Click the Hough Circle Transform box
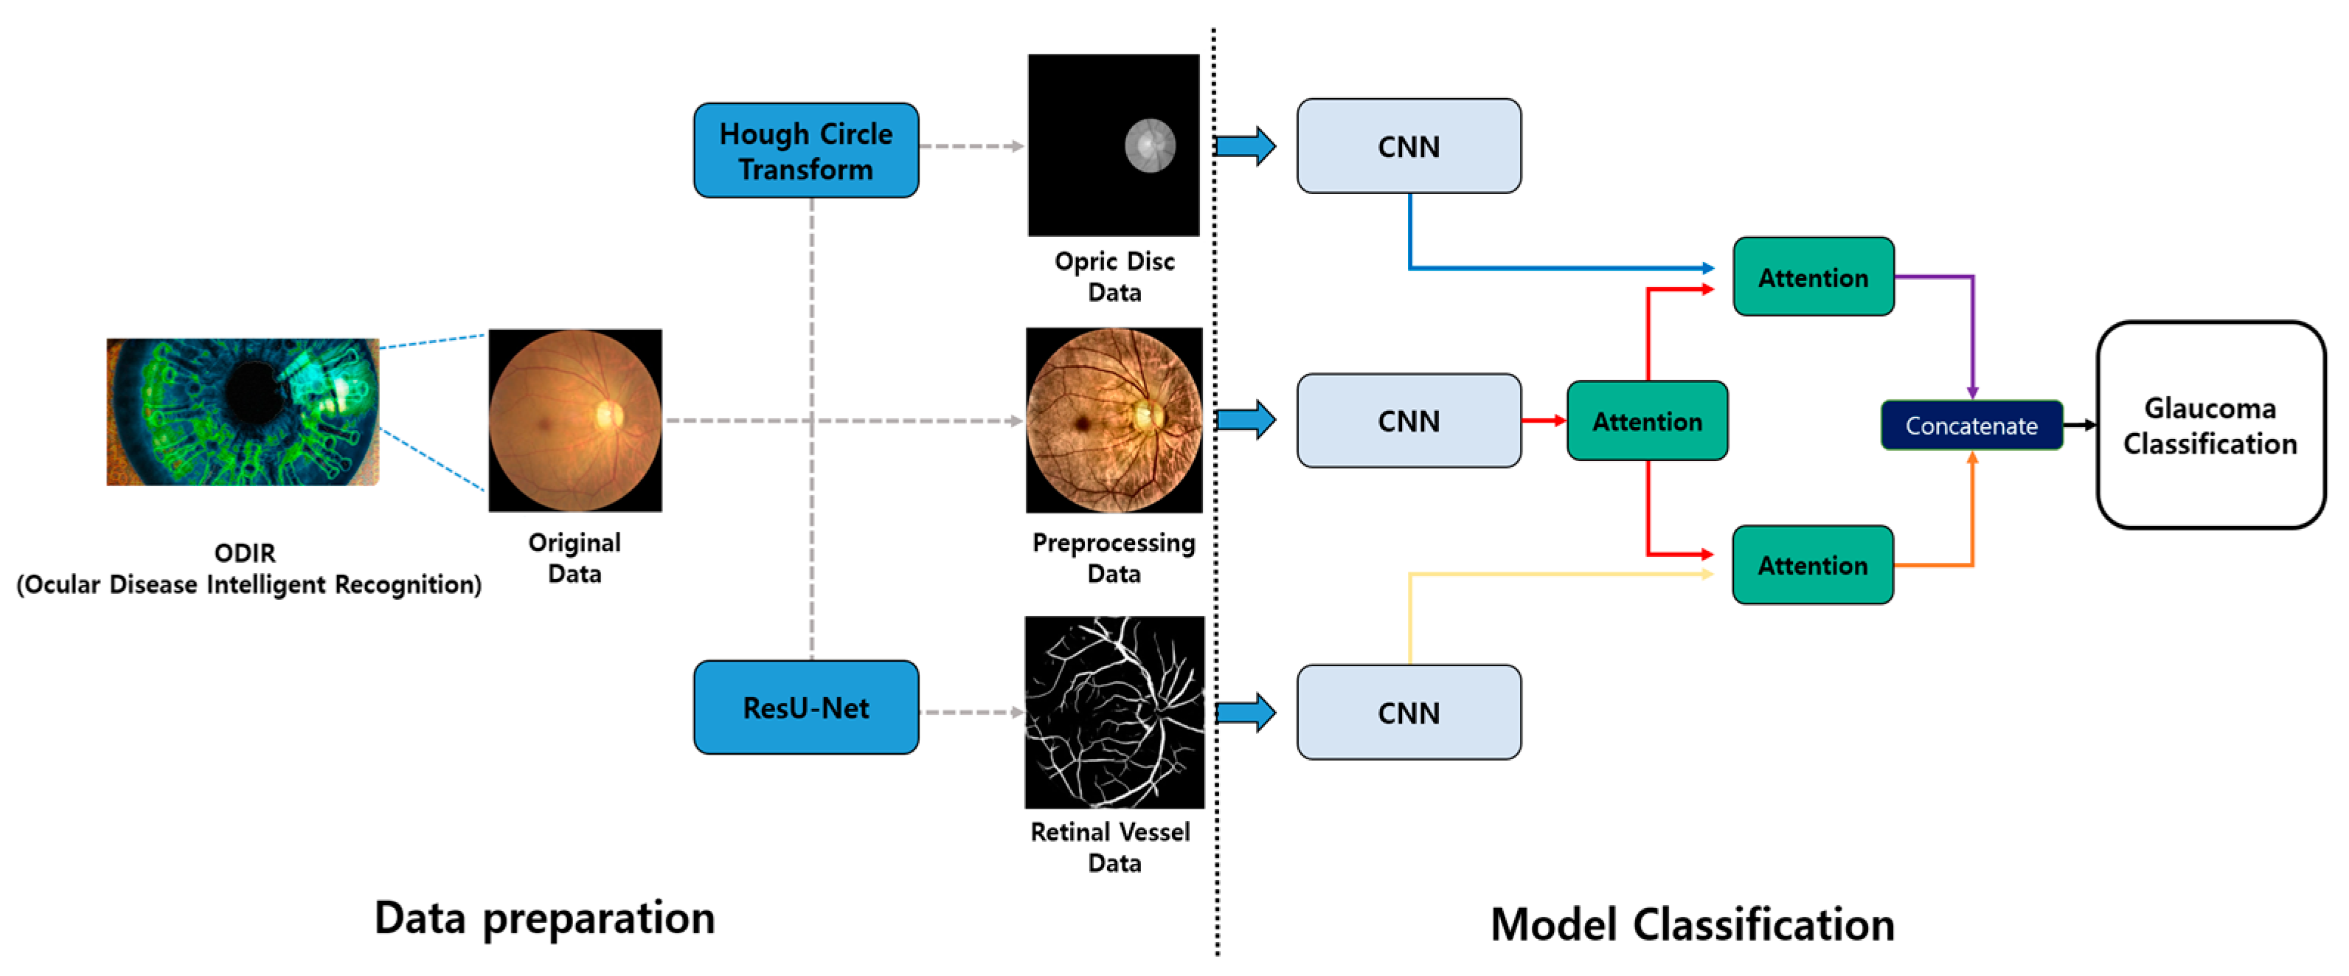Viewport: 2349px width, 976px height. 805,150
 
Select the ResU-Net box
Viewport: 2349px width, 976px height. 805,707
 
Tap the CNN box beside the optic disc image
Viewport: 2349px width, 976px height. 1408,146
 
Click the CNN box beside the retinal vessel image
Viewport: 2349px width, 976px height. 1408,713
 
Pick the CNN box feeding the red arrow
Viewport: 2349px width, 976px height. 1408,420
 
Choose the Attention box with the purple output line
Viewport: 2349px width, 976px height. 1813,277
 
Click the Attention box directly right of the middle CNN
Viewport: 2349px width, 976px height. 1647,420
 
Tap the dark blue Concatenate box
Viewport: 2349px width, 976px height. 1971,425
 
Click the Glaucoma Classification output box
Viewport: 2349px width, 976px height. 2210,425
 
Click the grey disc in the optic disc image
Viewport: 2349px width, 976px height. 1150,146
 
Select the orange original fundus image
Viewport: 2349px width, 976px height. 575,420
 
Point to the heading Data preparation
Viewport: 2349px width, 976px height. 544,918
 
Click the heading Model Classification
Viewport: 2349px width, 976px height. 1693,924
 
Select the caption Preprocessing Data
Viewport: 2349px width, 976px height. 1114,557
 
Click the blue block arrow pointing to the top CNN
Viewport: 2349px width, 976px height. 1246,146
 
